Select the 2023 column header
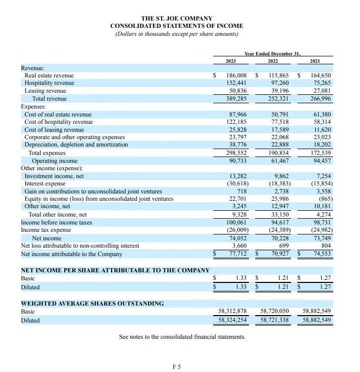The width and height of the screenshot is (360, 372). click(231, 62)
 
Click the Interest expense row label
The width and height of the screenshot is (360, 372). click(45, 183)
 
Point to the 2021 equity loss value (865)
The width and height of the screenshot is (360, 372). click(323, 199)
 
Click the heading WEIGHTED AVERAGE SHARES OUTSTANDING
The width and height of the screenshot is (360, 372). click(92, 304)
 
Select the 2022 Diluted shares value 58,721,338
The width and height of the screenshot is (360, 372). click(275, 320)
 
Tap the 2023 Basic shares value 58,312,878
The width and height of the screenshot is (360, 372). click(233, 311)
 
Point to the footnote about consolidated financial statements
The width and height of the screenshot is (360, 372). click(182, 337)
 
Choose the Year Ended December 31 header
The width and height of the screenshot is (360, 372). click(272, 54)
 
